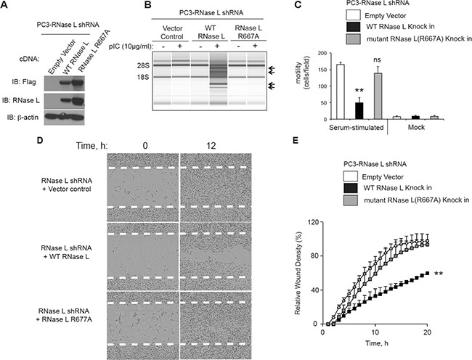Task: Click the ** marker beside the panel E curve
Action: (439, 274)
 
